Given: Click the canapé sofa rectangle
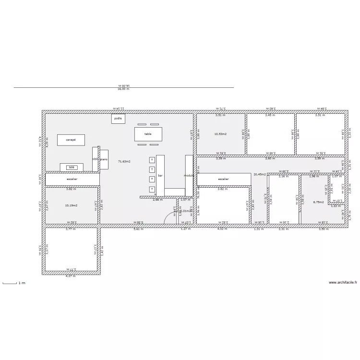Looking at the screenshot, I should [71, 140].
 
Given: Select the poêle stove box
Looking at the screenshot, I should [118, 118].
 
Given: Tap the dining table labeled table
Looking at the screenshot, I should [148, 134].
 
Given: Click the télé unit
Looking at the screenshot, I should [72, 167].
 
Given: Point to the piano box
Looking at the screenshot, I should [104, 158].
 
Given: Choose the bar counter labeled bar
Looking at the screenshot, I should [160, 176].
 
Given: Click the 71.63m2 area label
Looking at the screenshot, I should [124, 162].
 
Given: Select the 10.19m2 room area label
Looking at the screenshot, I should [71, 205].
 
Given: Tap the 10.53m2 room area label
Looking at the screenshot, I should [220, 134].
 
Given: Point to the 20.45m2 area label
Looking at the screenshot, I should [260, 174].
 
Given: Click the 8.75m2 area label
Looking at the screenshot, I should [318, 203].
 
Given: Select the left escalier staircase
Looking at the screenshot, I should [72, 179].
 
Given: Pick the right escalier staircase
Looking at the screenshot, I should [224, 179].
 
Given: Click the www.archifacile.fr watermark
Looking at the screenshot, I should [343, 283].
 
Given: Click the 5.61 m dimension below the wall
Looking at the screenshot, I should [138, 229].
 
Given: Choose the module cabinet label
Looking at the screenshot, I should [189, 176].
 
